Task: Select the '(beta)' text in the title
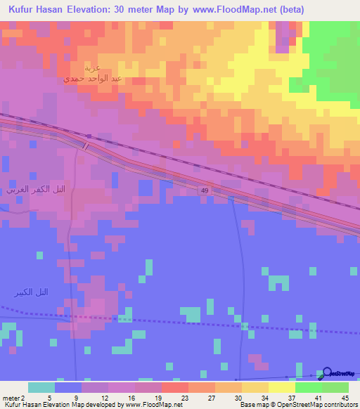tap(289, 11)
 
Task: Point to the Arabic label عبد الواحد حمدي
tap(94, 79)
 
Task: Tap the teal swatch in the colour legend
tap(41, 387)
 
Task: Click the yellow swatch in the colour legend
tap(281, 387)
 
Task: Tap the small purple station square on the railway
tap(89, 136)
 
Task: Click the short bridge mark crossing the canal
tap(86, 145)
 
